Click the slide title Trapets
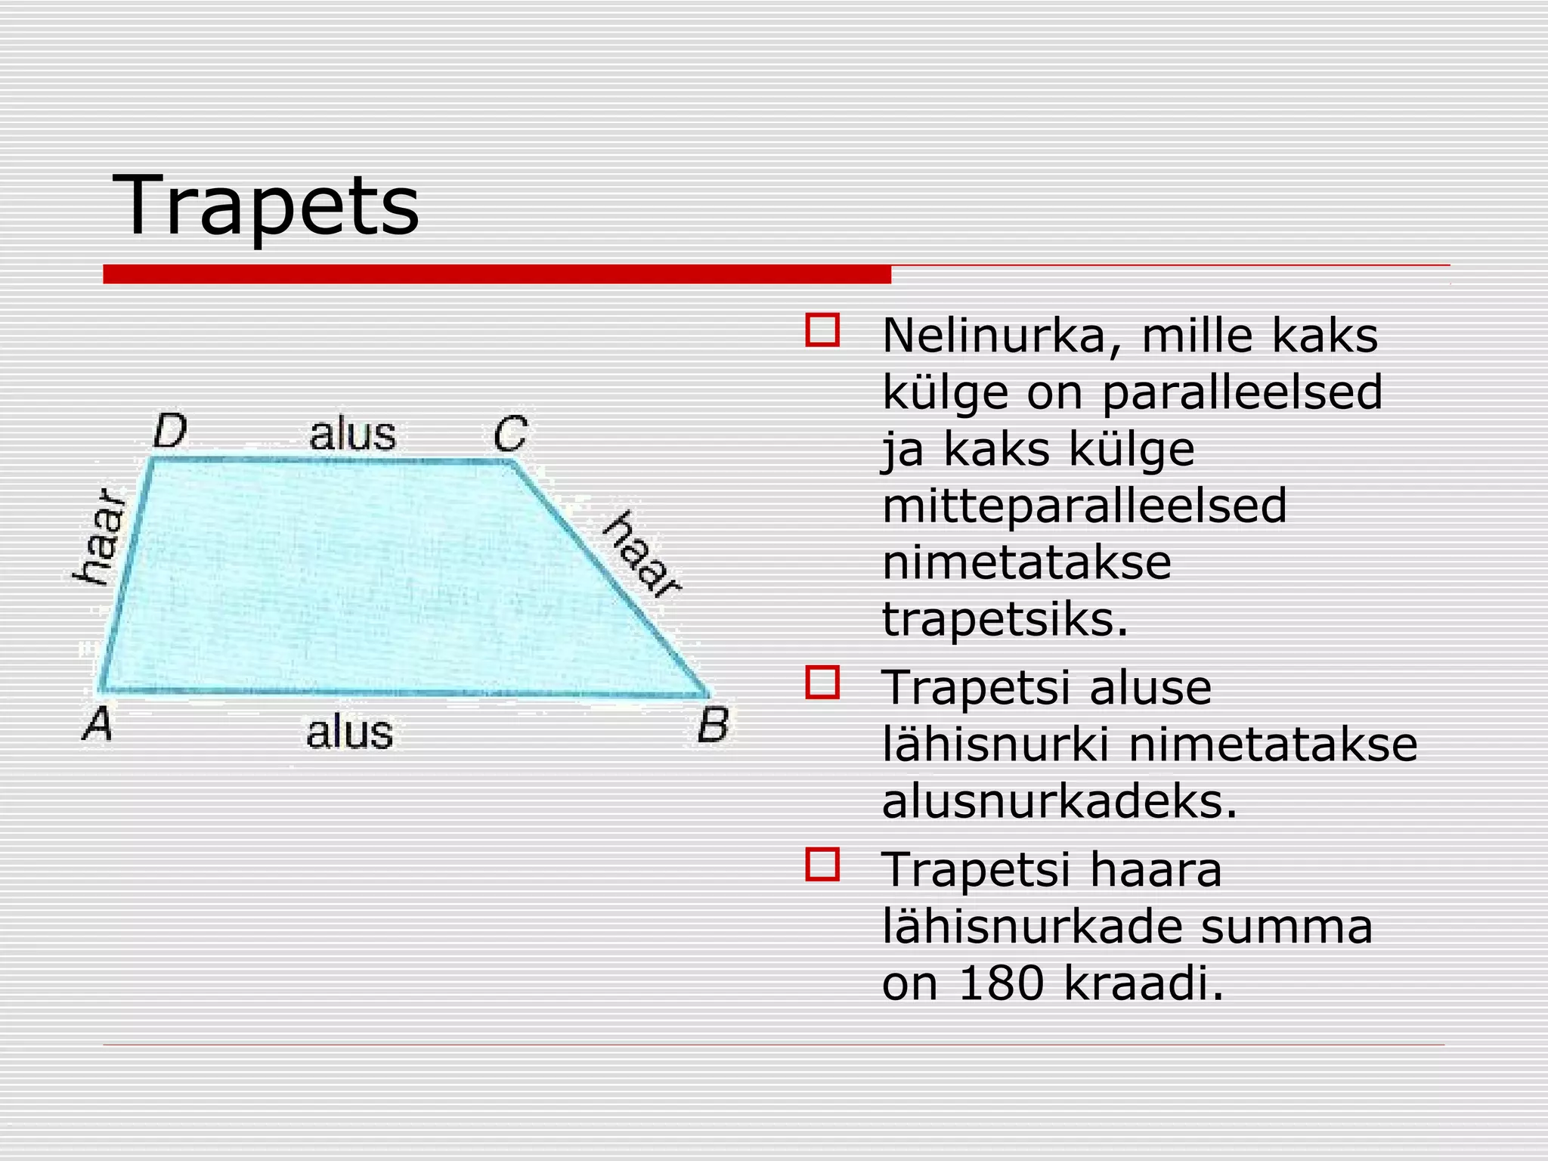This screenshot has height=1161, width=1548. click(x=265, y=206)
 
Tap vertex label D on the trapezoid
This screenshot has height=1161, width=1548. click(x=170, y=432)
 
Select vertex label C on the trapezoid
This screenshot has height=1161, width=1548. click(x=510, y=434)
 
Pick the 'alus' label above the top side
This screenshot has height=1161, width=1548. click(x=352, y=435)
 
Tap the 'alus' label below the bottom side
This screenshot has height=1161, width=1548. click(x=349, y=732)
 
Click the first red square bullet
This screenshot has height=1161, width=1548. click(x=822, y=330)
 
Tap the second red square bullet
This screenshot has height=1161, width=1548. click(x=822, y=683)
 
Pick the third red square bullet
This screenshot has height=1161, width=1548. click(x=822, y=865)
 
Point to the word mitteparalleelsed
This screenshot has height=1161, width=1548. click(x=1084, y=506)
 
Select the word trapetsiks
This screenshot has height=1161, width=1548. click(x=1005, y=620)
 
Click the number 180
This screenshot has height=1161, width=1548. click(x=1002, y=983)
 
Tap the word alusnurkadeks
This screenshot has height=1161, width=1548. click(x=1059, y=801)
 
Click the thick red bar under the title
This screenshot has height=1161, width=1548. click(x=497, y=274)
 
